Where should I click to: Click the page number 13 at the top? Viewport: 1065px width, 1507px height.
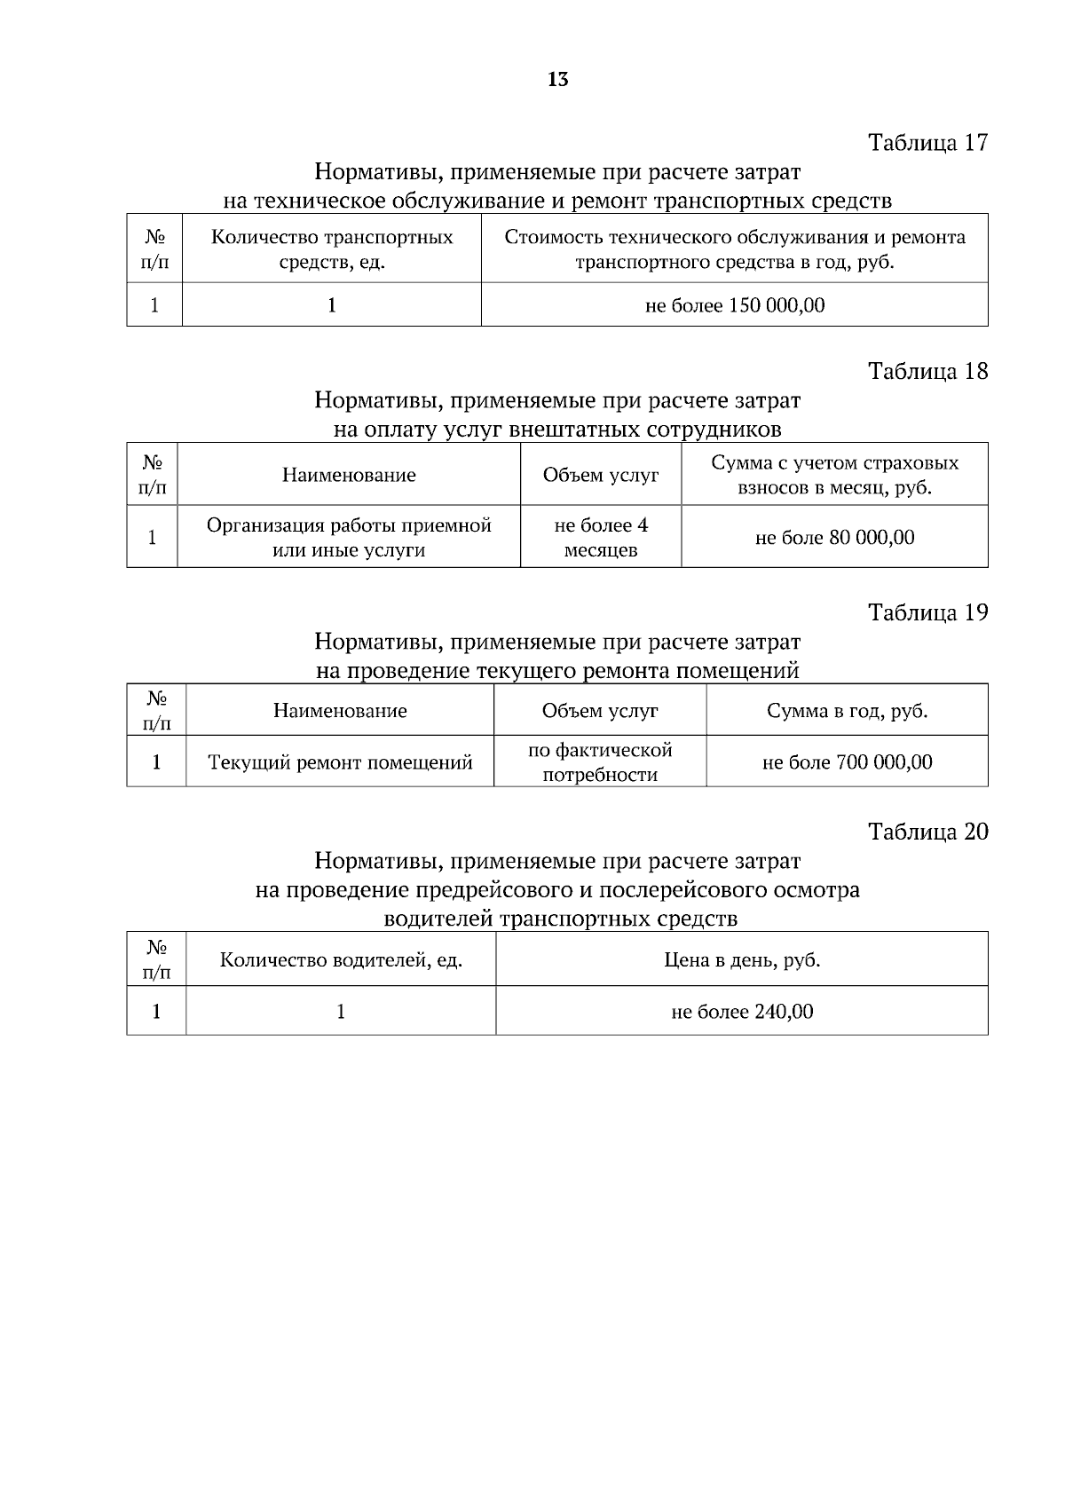coord(558,80)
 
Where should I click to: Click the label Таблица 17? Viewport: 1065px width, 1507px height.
coord(927,142)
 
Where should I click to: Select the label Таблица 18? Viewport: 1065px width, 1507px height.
coord(927,370)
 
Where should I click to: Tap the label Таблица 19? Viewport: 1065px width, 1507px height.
coord(927,612)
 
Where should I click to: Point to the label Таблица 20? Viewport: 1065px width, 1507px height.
coord(927,832)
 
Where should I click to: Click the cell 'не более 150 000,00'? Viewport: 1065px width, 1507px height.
coord(734,305)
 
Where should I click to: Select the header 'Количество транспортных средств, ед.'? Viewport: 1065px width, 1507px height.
coord(332,249)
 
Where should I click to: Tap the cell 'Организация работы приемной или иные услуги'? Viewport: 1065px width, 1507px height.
coord(349,537)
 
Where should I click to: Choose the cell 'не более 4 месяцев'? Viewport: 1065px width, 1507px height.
coord(601,537)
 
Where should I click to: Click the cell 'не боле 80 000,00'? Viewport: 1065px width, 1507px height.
coord(834,537)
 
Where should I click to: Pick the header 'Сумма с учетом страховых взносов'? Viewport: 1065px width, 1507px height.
coord(834,475)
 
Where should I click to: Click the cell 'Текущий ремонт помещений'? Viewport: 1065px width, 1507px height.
coord(340,762)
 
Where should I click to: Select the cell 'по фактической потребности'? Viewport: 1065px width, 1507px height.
coord(600,762)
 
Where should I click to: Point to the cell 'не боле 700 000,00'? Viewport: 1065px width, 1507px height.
coord(847,762)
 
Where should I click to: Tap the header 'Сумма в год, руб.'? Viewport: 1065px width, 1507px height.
coord(847,711)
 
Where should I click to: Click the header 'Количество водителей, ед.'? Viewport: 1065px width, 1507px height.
coord(341,960)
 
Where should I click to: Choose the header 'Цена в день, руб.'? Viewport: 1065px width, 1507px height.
coord(741,960)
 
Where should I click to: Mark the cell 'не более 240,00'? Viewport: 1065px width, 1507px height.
coord(741,1012)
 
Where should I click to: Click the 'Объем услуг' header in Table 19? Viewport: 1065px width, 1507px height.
coord(600,711)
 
